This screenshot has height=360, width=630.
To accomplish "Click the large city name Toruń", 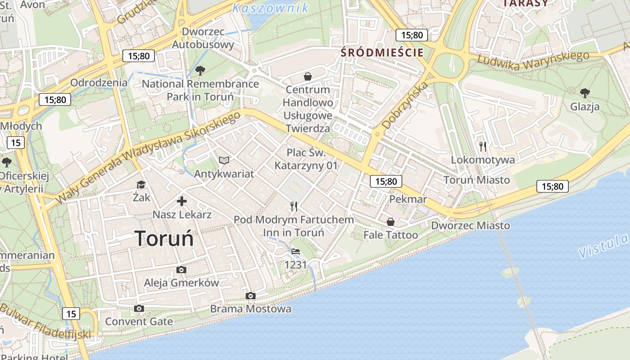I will click(164, 238).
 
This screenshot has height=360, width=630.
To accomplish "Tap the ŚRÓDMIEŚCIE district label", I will click(382, 52).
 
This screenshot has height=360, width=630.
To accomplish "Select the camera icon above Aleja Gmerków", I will click(181, 270).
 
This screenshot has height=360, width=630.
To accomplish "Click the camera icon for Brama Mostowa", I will click(251, 296).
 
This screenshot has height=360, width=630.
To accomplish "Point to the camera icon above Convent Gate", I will click(139, 308).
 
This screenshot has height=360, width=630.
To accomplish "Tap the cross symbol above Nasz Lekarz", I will click(182, 201).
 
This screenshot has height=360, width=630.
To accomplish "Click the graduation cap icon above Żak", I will click(141, 184).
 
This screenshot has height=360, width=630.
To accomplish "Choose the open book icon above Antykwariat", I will click(224, 160).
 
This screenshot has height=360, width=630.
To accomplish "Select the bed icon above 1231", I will click(296, 251).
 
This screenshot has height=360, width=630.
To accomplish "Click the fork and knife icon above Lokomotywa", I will click(483, 146).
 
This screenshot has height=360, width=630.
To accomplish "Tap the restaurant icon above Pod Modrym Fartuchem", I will click(294, 207).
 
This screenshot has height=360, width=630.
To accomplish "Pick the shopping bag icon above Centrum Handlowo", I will click(308, 76).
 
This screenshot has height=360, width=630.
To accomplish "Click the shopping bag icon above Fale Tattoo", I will click(391, 222).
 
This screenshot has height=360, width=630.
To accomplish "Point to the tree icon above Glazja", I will click(585, 93).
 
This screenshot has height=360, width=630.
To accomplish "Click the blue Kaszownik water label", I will click(271, 8).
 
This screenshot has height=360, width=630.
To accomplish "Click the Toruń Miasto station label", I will click(477, 180).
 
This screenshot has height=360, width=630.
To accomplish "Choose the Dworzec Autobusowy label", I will click(203, 38).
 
